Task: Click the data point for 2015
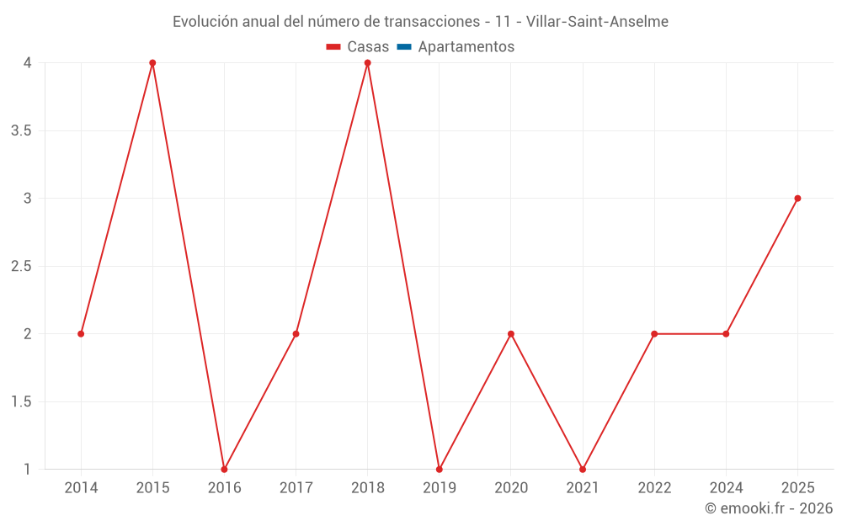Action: pyautogui.click(x=152, y=63)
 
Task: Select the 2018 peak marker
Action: pyautogui.click(x=368, y=63)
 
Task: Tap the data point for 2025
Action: pyautogui.click(x=798, y=199)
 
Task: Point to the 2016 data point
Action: pyautogui.click(x=225, y=470)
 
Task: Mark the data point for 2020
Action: pyautogui.click(x=511, y=334)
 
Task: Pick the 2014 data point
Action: pyautogui.click(x=81, y=334)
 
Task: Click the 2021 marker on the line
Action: pyautogui.click(x=583, y=470)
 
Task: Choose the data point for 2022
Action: pyautogui.click(x=654, y=334)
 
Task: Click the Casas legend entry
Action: pyautogui.click(x=358, y=46)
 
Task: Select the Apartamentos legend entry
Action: pyautogui.click(x=456, y=46)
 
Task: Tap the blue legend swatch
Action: pyautogui.click(x=404, y=46)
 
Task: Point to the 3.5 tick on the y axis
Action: pyautogui.click(x=22, y=131)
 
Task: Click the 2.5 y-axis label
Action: pyautogui.click(x=22, y=266)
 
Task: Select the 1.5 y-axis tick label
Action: pyautogui.click(x=22, y=402)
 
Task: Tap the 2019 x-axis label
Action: pyautogui.click(x=440, y=488)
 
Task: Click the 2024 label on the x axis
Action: pyautogui.click(x=726, y=488)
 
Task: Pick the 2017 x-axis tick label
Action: pyautogui.click(x=296, y=488)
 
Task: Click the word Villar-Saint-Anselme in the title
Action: pyautogui.click(x=597, y=22)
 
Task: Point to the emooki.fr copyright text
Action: pyautogui.click(x=769, y=508)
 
